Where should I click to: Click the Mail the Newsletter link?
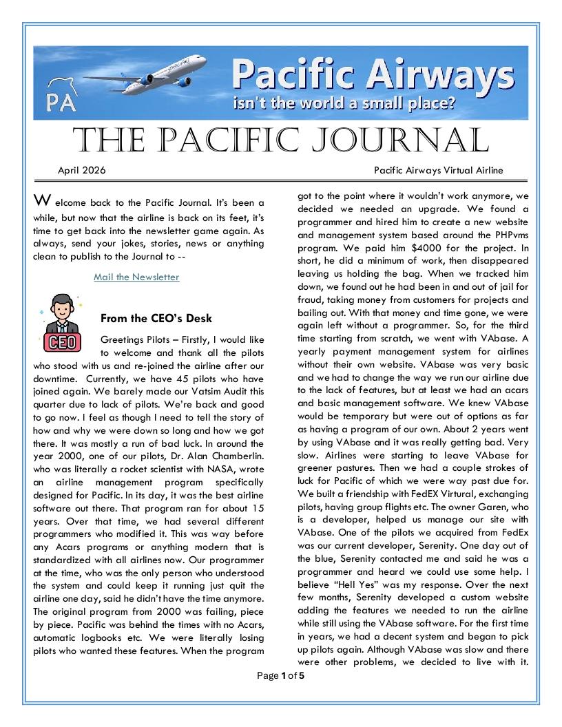(136, 277)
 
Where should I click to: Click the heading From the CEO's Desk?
(156, 318)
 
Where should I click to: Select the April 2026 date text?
(81, 170)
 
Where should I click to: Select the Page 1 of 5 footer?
(281, 675)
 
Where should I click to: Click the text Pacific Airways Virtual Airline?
(439, 170)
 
